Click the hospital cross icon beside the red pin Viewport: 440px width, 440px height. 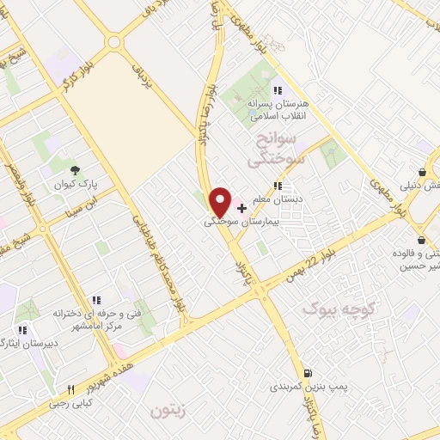coord(241,208)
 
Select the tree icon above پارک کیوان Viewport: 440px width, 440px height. coord(76,169)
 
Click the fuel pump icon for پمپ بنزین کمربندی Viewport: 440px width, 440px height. coord(308,373)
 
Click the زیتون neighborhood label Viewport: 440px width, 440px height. coord(168,410)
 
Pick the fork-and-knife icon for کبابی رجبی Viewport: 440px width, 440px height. coord(72,388)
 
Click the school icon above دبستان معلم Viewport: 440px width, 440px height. coord(277,184)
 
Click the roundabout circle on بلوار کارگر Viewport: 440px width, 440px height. coord(113,41)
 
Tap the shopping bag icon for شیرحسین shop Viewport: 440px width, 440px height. coord(421,240)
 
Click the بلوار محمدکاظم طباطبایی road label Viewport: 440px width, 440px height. coord(157,261)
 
